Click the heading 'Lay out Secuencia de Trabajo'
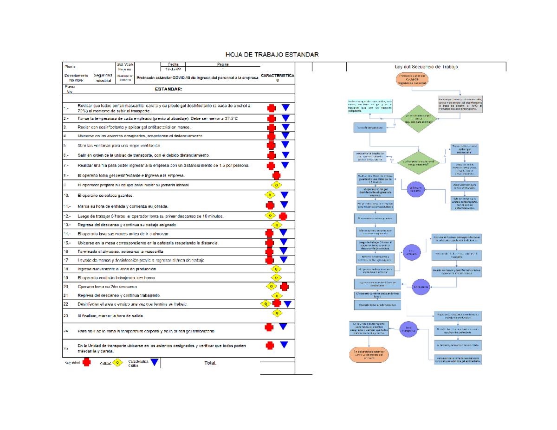pos(426,67)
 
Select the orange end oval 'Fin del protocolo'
pos(369,355)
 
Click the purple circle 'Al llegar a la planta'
pos(416,188)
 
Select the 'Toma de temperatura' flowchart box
pos(370,127)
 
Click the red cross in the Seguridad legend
pos(86,363)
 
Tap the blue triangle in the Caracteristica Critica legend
pos(155,363)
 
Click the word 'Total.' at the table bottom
pos(210,363)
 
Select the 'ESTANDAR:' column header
pos(168,89)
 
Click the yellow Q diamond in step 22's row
pos(266,304)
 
